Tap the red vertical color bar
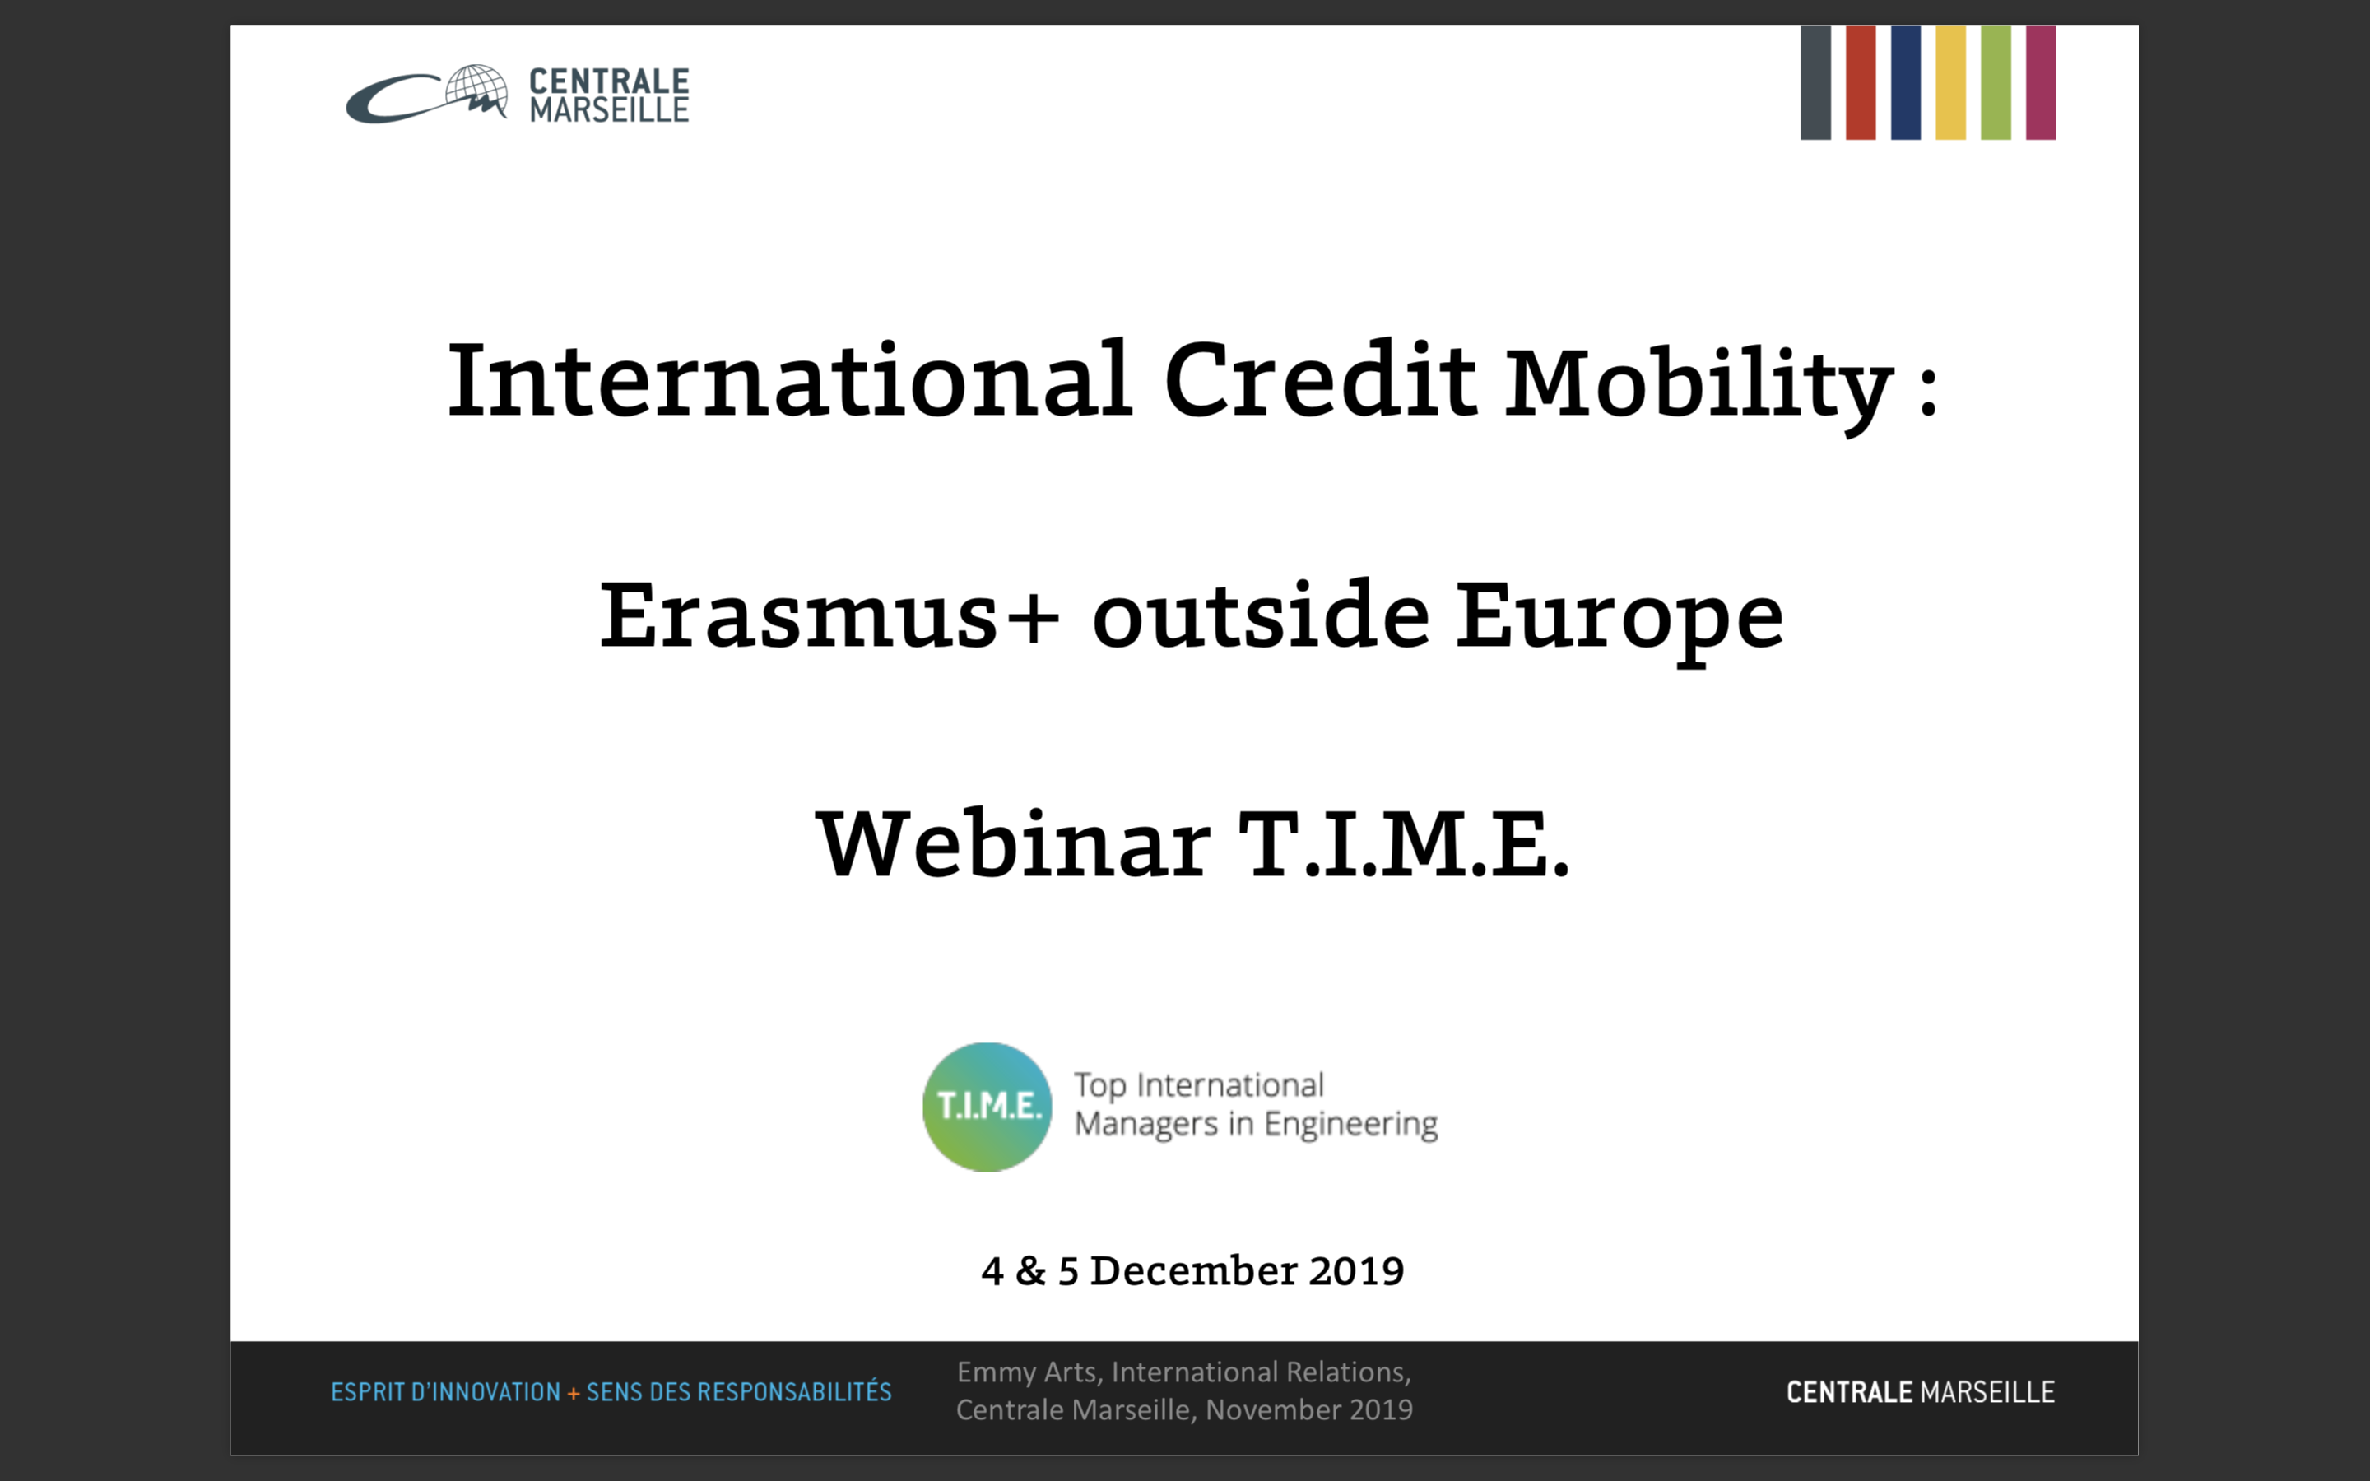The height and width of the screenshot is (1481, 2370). click(1861, 82)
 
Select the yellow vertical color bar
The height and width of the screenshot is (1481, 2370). click(1951, 82)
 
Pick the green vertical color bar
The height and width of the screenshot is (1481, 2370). click(1996, 82)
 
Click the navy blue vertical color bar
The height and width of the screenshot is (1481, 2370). click(1906, 82)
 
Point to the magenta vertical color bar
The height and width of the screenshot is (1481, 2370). click(2041, 82)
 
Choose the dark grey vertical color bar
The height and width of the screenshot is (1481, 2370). click(1815, 82)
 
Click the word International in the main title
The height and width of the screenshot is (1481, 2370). click(789, 379)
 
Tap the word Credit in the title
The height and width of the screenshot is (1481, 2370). click(1319, 379)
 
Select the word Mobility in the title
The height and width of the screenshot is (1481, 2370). click(1698, 387)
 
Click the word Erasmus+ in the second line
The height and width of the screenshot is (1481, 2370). click(829, 615)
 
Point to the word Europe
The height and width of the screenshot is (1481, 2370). click(1619, 622)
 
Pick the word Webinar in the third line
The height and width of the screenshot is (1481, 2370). click(1013, 843)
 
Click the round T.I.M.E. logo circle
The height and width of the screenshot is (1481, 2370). click(987, 1107)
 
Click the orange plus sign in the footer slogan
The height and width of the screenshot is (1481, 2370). click(574, 1393)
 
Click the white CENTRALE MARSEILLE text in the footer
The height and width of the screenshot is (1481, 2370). click(1921, 1392)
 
